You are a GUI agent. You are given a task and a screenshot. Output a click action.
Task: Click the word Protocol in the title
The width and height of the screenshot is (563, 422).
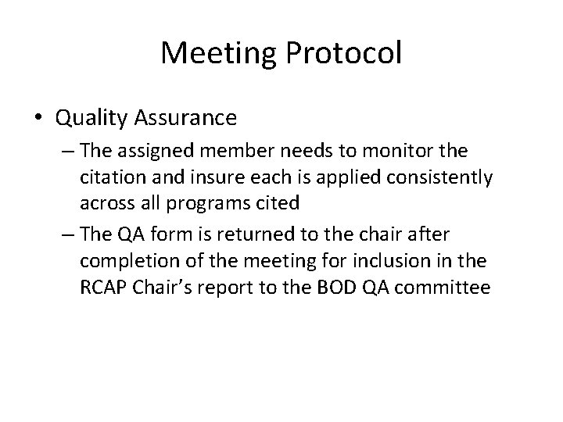click(340, 54)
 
